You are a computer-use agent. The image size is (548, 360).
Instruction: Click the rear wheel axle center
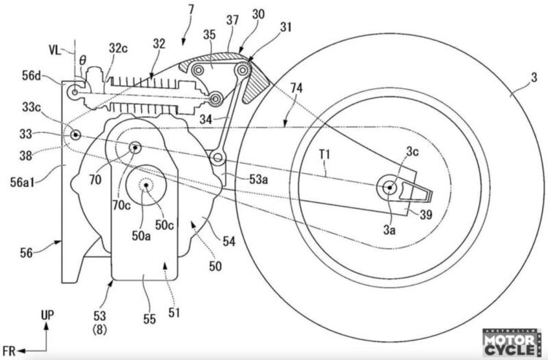[389, 188]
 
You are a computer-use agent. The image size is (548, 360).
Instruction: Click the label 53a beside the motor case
[237, 177]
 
